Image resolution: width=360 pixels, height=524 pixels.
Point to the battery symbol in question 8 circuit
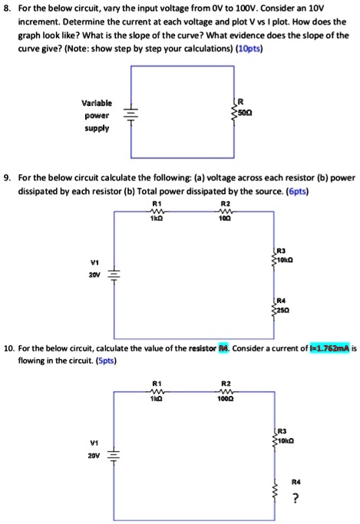pyautogui.click(x=131, y=114)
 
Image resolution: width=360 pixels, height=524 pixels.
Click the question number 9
pyautogui.click(x=8, y=176)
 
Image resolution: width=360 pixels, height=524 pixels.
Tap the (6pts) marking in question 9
pyautogui.click(x=295, y=189)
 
